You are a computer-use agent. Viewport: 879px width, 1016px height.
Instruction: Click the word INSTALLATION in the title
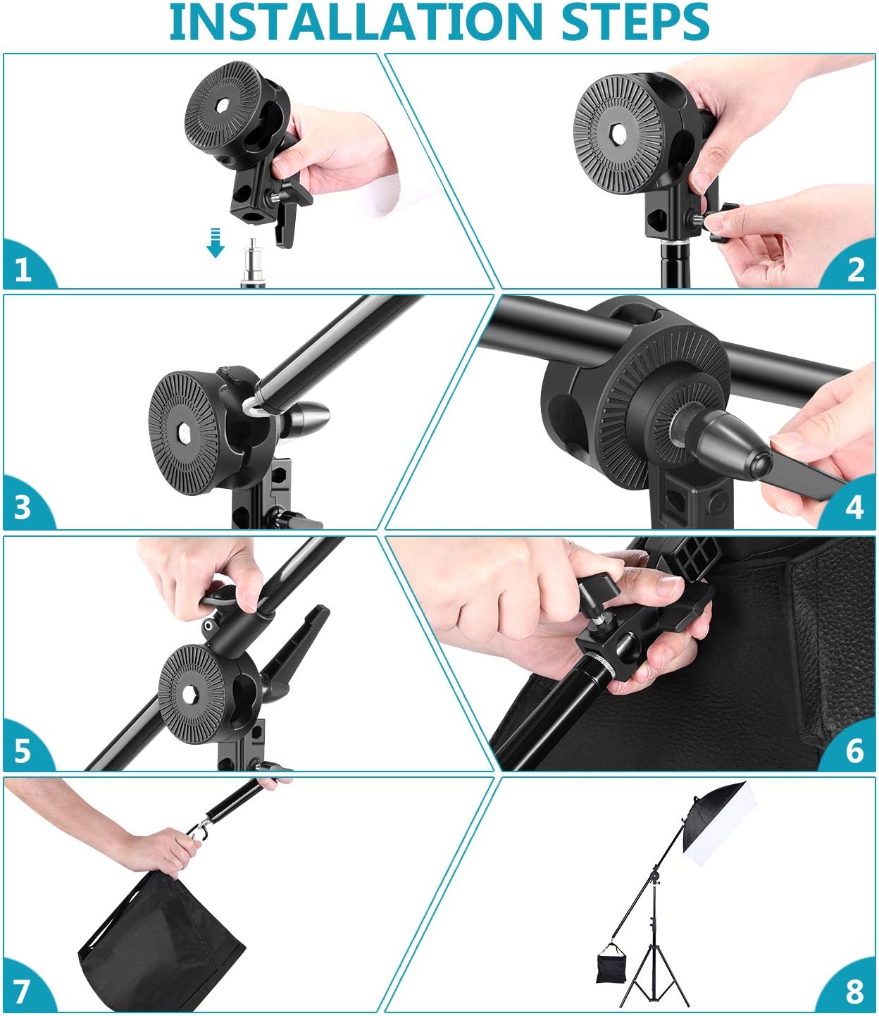pyautogui.click(x=355, y=22)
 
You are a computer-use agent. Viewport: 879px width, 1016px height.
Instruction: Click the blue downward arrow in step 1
pyautogui.click(x=216, y=243)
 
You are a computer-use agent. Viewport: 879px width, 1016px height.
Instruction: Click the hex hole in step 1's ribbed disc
pyautogui.click(x=222, y=104)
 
